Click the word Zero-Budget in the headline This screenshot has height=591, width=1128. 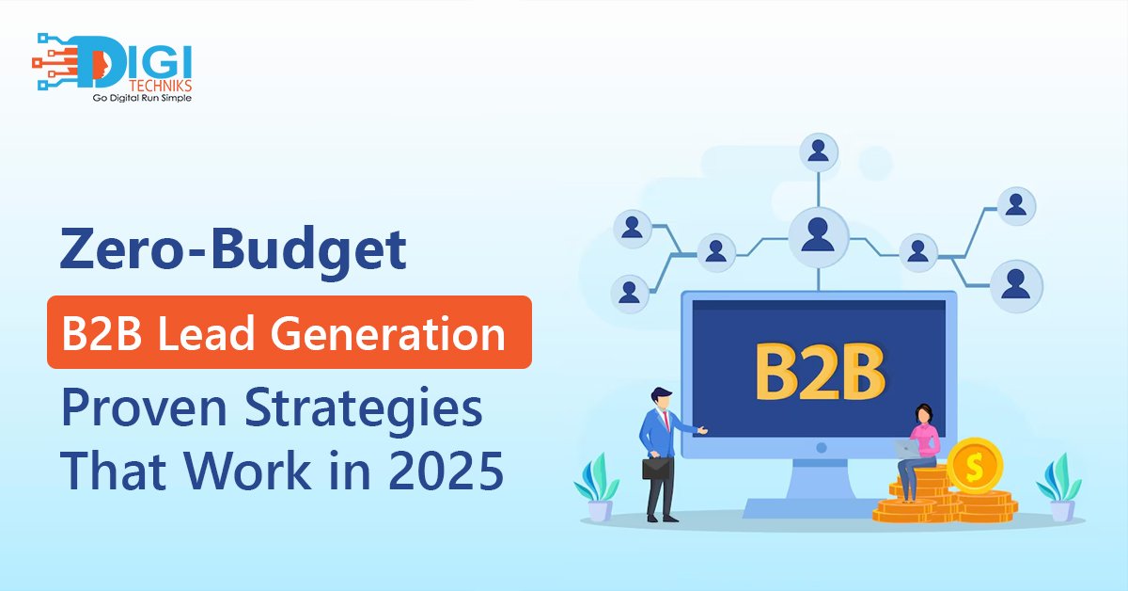[233, 250]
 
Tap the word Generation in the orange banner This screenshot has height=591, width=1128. [387, 333]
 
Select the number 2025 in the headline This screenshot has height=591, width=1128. [446, 471]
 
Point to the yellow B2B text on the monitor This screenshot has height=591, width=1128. [820, 372]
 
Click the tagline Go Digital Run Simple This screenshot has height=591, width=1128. [142, 98]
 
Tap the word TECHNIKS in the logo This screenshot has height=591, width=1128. [160, 86]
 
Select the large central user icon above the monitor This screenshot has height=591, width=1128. [819, 237]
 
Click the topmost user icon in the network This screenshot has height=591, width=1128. [819, 152]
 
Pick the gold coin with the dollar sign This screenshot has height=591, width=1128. [975, 466]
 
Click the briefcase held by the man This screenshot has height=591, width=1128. [657, 468]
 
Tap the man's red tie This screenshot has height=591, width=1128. [666, 421]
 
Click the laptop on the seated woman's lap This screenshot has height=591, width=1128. [907, 448]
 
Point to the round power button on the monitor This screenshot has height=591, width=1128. [822, 447]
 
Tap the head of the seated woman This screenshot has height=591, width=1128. [923, 414]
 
